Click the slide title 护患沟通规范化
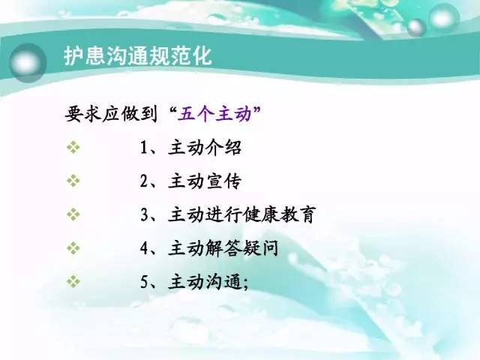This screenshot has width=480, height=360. pos(138,55)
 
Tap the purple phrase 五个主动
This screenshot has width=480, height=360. pos(214,115)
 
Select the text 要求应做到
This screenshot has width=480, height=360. pos(111,115)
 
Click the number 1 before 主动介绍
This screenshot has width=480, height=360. pos(144,148)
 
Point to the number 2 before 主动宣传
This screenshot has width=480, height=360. pos(144,181)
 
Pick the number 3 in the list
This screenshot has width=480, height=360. pos(144,214)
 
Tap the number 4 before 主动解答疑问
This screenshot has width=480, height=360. pos(144,247)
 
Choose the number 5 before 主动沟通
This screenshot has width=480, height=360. pos(144,281)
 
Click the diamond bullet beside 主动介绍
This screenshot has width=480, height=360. pos(73,147)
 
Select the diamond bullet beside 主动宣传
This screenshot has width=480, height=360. pos(73,181)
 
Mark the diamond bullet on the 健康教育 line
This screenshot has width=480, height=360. pos(73,214)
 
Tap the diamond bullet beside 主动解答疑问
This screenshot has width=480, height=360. pos(73,247)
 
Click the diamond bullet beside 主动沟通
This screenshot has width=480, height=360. pos(73,281)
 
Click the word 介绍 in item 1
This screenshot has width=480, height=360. pos(223,147)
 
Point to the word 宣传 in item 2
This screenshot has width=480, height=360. pos(223,181)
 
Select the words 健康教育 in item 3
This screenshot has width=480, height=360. pos(279,214)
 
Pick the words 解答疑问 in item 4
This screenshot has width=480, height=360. pos(241,248)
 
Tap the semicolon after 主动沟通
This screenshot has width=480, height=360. pos(245,284)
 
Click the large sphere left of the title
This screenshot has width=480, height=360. pos(27,63)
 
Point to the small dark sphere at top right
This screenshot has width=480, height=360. pos(416,27)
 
